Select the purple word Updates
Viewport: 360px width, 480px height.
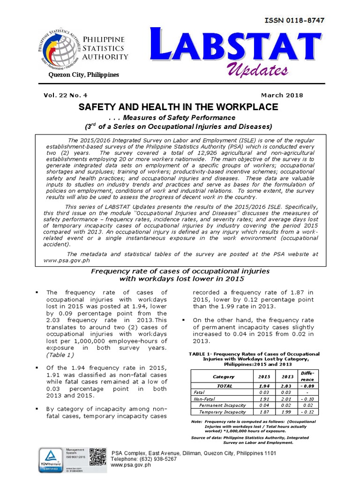click(x=257, y=70)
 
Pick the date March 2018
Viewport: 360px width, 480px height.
click(x=283, y=95)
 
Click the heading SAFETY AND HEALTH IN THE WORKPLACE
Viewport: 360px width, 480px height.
click(x=178, y=107)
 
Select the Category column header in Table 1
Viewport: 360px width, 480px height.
click(x=220, y=376)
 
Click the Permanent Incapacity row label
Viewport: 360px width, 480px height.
click(x=222, y=405)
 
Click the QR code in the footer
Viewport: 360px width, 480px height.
click(x=98, y=457)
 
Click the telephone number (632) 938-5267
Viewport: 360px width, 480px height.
click(x=144, y=459)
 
